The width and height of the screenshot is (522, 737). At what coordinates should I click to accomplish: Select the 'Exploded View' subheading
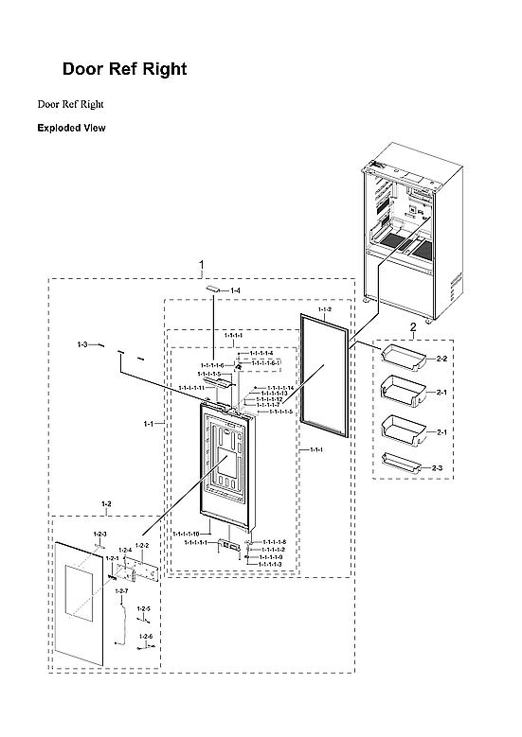click(71, 128)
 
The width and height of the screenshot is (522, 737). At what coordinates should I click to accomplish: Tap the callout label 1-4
click(236, 290)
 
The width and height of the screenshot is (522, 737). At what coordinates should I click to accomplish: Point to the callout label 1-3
click(82, 345)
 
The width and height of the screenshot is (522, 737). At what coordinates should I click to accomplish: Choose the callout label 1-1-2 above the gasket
click(324, 310)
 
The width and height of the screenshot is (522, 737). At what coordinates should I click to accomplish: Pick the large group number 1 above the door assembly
click(201, 263)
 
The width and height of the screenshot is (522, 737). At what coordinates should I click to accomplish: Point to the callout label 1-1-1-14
click(280, 388)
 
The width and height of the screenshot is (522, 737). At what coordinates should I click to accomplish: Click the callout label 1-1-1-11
click(191, 388)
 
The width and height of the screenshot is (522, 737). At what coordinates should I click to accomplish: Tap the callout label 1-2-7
click(121, 591)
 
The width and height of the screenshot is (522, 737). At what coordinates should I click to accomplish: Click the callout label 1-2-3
click(100, 535)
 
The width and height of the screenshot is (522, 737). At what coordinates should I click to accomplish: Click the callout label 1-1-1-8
click(274, 542)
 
